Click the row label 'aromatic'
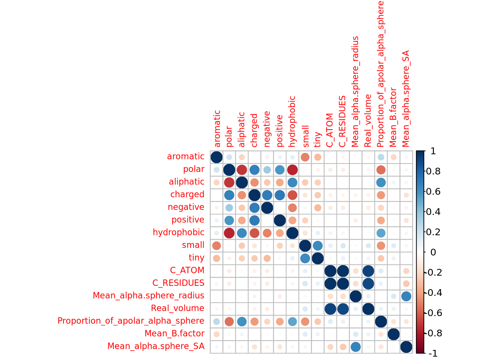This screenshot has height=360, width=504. (x=186, y=156)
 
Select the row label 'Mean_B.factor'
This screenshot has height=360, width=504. (x=174, y=333)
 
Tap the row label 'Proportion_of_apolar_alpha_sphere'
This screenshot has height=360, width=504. (x=131, y=321)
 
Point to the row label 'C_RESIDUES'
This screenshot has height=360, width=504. (x=178, y=283)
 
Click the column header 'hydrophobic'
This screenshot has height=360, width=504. (x=292, y=121)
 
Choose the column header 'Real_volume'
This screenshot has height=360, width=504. (x=368, y=121)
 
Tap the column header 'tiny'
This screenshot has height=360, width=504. (x=318, y=139)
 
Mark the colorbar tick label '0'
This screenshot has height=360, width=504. (x=433, y=252)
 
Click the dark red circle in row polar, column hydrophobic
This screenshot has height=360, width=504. (x=292, y=169)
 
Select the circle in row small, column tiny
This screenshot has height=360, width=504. (x=318, y=245)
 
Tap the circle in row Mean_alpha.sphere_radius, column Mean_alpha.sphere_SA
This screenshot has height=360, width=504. (x=406, y=296)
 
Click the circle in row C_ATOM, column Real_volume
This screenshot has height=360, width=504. (x=368, y=270)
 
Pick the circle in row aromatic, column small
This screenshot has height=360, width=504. (x=305, y=157)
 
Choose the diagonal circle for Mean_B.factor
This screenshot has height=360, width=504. (x=393, y=334)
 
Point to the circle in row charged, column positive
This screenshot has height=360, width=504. (x=280, y=195)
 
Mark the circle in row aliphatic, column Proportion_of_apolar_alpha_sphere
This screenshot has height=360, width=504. (x=381, y=182)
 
